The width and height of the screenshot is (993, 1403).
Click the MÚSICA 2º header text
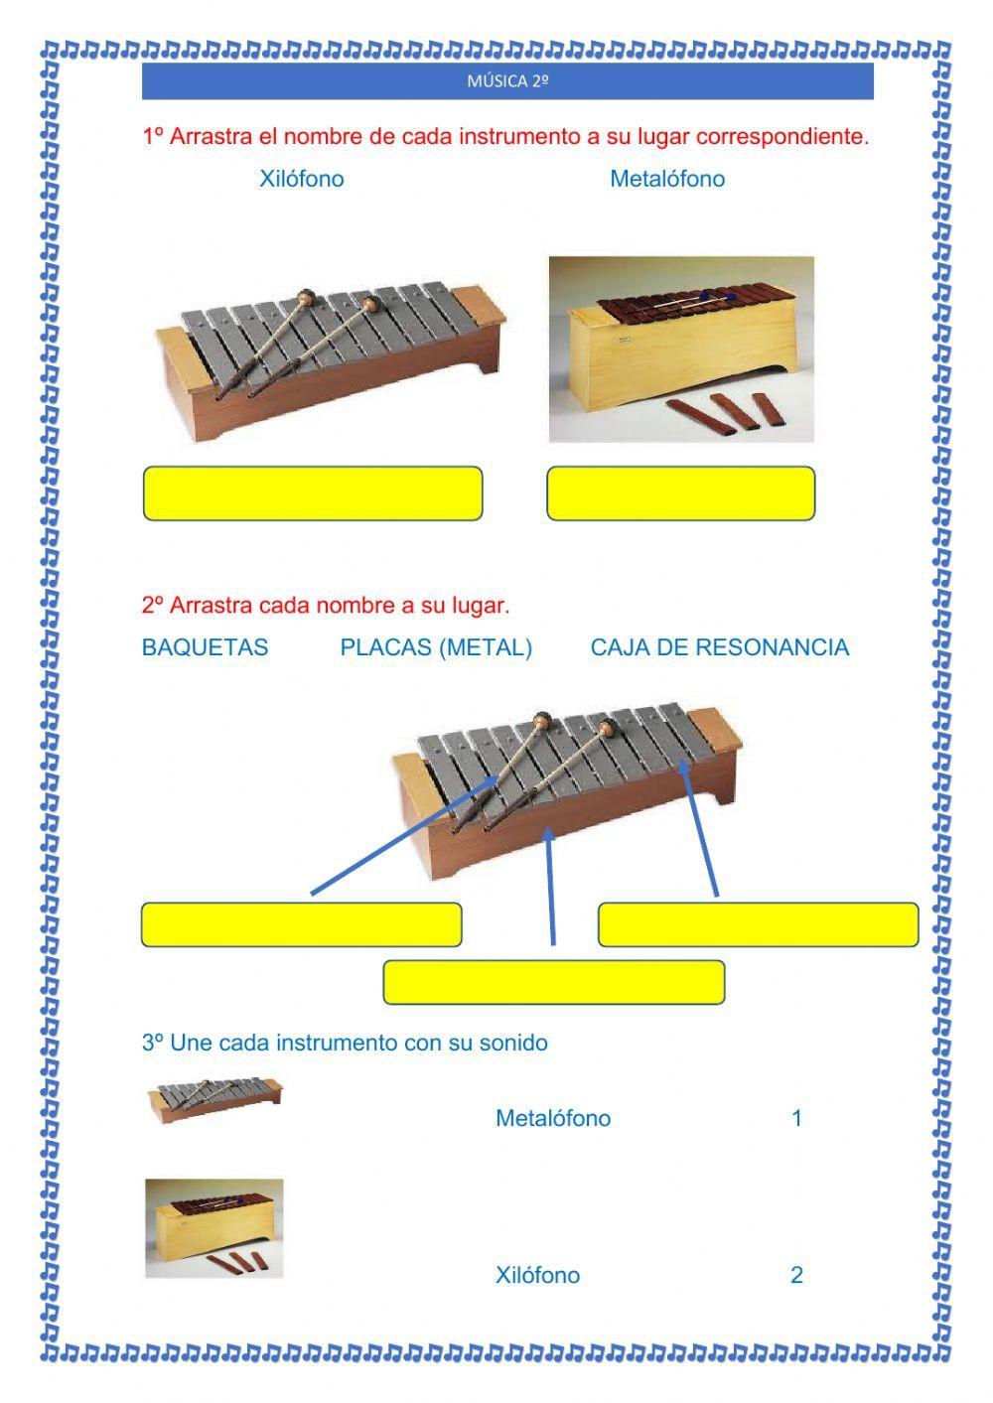(x=507, y=80)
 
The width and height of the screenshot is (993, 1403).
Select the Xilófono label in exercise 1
(x=301, y=179)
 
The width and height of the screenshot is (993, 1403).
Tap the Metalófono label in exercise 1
(x=667, y=179)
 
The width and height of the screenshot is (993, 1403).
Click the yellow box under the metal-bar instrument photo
(x=313, y=492)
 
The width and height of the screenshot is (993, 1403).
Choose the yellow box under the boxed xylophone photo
(x=681, y=492)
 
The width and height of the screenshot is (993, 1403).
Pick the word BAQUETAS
(x=205, y=647)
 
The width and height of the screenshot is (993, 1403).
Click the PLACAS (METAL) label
(x=436, y=647)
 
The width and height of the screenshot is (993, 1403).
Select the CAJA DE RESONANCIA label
(x=720, y=647)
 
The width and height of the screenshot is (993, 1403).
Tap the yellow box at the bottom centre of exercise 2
(x=554, y=982)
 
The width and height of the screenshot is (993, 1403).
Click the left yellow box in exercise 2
(x=301, y=924)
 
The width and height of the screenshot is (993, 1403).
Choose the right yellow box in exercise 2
(x=758, y=924)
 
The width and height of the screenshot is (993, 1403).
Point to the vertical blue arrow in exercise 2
(x=551, y=886)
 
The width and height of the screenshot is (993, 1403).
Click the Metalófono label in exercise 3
(x=553, y=1118)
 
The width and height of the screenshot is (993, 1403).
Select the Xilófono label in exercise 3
(x=537, y=1275)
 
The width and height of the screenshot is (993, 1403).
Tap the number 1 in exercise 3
(x=797, y=1118)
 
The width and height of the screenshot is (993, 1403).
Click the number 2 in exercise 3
(x=797, y=1275)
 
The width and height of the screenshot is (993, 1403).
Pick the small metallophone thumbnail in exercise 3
(x=214, y=1099)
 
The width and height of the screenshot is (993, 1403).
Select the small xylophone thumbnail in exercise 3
(x=214, y=1228)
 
